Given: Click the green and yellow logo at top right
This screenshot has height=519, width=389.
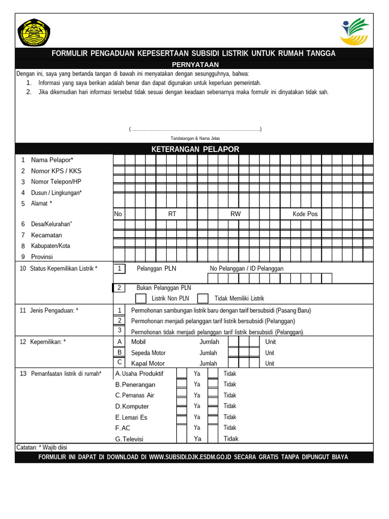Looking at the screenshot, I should [x=355, y=31].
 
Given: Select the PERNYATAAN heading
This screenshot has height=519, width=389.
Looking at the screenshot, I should [x=195, y=64].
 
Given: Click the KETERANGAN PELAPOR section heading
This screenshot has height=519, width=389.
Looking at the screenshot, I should [x=195, y=149].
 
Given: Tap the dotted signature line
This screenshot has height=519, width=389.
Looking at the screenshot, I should [x=195, y=129].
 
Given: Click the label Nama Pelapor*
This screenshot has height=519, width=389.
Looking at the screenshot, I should [x=52, y=160].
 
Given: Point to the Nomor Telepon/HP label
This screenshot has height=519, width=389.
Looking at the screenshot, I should [x=56, y=181].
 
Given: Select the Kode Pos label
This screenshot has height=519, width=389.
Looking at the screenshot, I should [x=305, y=214].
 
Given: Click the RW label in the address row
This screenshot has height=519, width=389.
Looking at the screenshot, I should [x=236, y=214].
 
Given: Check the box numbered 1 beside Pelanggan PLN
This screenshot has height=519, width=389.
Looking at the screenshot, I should [x=119, y=269].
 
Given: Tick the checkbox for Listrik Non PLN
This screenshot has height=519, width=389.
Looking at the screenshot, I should [x=141, y=299].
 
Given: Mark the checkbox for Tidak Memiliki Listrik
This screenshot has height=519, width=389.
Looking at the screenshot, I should [x=203, y=299].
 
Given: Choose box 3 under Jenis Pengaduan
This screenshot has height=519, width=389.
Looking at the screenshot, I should [x=120, y=330].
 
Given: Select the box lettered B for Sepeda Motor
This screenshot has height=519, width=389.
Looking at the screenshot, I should [x=120, y=352].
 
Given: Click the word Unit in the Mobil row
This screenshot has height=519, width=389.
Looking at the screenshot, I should [x=270, y=342].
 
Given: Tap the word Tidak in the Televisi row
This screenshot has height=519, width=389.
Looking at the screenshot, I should [x=231, y=439].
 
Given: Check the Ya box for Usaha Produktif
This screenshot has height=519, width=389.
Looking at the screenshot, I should [x=181, y=374].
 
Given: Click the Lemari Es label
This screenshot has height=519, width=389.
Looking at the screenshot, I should [x=134, y=417].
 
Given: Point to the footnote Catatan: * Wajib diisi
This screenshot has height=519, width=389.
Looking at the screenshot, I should [x=42, y=448].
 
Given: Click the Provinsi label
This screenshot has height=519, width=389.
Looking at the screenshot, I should [x=42, y=256].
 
